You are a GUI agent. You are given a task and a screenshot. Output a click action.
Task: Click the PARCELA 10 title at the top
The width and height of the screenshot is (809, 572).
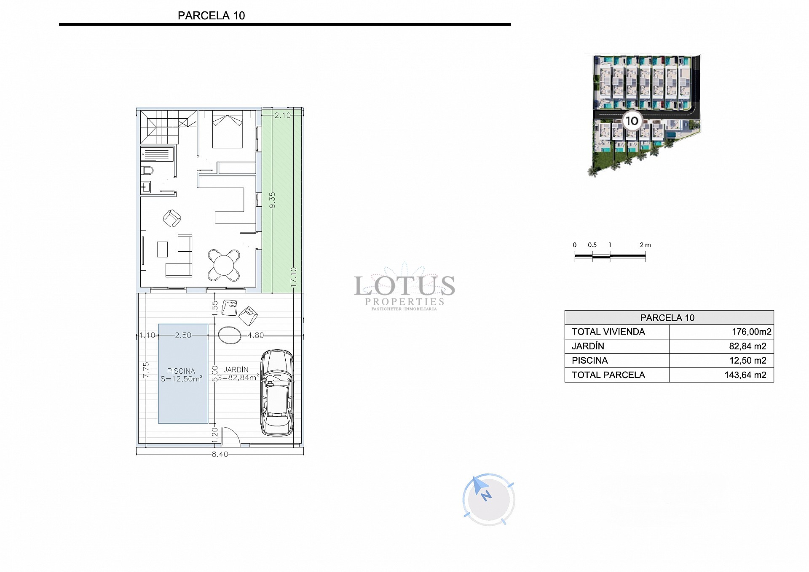click(x=211, y=16)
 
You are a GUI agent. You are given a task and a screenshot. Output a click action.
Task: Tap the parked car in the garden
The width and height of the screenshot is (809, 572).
click(x=277, y=392)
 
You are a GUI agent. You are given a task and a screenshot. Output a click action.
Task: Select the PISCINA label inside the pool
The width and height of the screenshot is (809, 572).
click(x=181, y=371)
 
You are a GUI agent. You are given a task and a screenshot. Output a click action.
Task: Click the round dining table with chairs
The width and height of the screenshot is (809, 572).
click(x=224, y=266)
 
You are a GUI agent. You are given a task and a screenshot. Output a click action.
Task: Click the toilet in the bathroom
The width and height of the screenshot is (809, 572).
click(x=147, y=171)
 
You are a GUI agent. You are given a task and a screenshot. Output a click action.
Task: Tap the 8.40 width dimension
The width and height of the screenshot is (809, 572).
click(x=220, y=455)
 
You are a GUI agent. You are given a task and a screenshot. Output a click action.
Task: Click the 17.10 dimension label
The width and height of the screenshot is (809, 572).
click(x=294, y=277)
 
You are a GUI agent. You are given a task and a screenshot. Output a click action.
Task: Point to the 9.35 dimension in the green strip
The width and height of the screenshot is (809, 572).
click(x=272, y=200)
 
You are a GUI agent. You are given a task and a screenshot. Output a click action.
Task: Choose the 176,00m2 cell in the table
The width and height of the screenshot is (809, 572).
click(x=751, y=332)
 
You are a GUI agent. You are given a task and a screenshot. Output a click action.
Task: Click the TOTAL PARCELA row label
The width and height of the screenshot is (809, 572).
click(x=608, y=375)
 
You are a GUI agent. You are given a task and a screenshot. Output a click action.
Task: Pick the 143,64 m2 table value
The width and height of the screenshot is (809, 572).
click(x=745, y=375)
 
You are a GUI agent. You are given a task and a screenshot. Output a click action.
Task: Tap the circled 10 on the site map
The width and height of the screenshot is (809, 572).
click(x=632, y=121)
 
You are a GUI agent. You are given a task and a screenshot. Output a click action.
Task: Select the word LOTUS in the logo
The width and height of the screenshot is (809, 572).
click(x=404, y=286)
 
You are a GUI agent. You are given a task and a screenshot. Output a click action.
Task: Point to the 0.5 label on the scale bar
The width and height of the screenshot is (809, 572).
click(x=592, y=245)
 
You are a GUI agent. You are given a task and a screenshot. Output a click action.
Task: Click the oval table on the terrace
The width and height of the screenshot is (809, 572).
click(x=230, y=335)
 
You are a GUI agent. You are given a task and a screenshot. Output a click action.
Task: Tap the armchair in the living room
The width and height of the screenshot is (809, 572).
click(x=172, y=218)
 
